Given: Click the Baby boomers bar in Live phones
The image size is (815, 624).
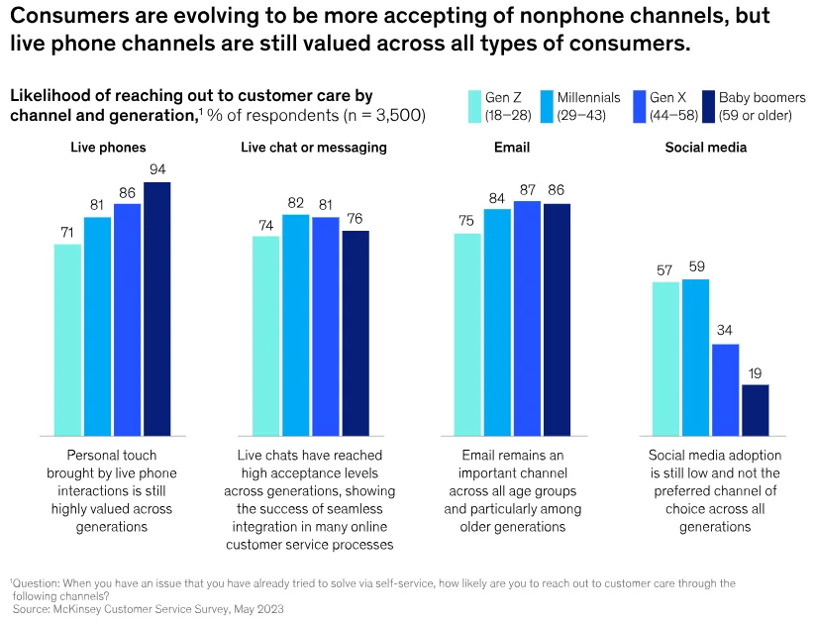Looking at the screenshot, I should tap(156, 309).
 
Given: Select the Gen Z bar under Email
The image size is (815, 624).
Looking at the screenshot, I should tap(467, 335).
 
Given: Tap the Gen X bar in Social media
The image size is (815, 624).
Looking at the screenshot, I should tap(725, 389).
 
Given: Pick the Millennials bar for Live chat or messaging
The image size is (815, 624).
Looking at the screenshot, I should tap(296, 325).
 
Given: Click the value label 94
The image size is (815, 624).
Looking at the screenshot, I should tap(156, 169).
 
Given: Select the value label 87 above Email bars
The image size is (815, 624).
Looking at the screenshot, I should tap(527, 188).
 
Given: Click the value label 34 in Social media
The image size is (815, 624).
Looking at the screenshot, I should tap(725, 331).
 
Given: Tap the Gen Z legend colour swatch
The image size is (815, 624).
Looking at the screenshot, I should tap(473, 106).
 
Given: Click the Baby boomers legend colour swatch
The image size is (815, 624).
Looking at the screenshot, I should tap(707, 106).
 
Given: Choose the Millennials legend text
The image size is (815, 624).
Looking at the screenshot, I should tap(588, 98).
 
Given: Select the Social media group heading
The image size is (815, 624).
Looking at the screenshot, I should tap(705, 148).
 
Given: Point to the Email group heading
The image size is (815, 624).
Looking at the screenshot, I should tap(511, 148).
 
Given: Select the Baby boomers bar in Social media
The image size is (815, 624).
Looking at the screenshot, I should tap(755, 410).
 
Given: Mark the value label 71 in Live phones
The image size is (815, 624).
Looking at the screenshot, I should tap(67, 232).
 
